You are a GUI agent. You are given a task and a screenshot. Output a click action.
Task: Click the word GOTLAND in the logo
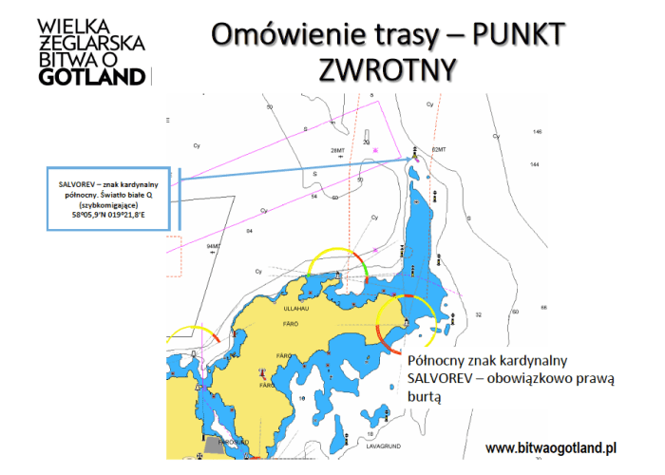pos(92,77)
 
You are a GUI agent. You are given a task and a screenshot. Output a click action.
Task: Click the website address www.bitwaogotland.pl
pos(552,446)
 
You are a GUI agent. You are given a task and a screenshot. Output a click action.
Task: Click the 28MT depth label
pos(337,150)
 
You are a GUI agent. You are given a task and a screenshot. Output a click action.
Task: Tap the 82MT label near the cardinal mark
pos(438,150)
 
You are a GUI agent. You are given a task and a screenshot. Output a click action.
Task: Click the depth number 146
pos(537,132)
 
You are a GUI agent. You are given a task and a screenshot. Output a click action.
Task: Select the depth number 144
pos(534,164)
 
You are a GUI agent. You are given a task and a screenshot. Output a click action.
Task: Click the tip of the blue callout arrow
pos(414,156)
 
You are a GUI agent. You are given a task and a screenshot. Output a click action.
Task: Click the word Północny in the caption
pos(440,361)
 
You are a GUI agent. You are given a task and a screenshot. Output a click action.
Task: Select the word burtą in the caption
pos(425,399)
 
